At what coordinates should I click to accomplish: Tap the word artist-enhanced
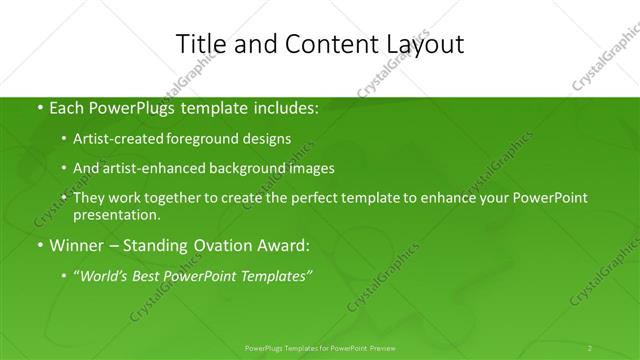152,168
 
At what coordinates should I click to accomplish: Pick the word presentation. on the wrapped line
116,215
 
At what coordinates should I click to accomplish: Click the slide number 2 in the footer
590,348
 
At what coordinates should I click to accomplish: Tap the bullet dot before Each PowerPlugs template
39,107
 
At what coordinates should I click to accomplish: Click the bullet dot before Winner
39,244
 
